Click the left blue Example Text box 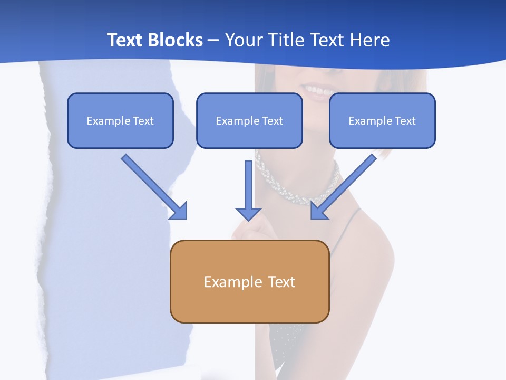pyautogui.click(x=120, y=120)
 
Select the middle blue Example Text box pyautogui.click(x=249, y=120)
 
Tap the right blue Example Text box pyautogui.click(x=382, y=120)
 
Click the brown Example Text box pyautogui.click(x=249, y=281)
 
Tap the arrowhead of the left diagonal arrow pyautogui.click(x=179, y=211)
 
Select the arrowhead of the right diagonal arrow pyautogui.click(x=318, y=211)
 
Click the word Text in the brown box pyautogui.click(x=281, y=282)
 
